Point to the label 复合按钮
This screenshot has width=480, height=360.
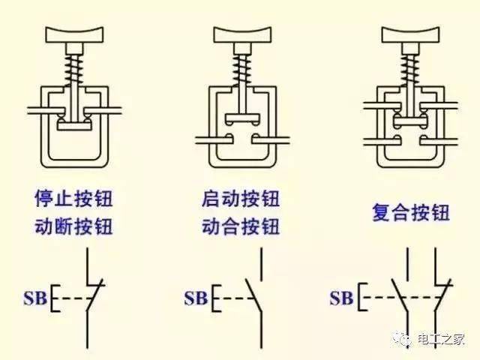410,212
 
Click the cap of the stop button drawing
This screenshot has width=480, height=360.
77,34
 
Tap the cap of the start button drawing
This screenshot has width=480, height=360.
240,34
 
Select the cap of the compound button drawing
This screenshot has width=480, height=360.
410,34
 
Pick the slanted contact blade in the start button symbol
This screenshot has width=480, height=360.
251,298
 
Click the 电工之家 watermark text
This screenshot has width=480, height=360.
442,339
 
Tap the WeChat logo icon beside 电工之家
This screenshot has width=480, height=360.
405,338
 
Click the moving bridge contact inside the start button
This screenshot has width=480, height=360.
240,119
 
